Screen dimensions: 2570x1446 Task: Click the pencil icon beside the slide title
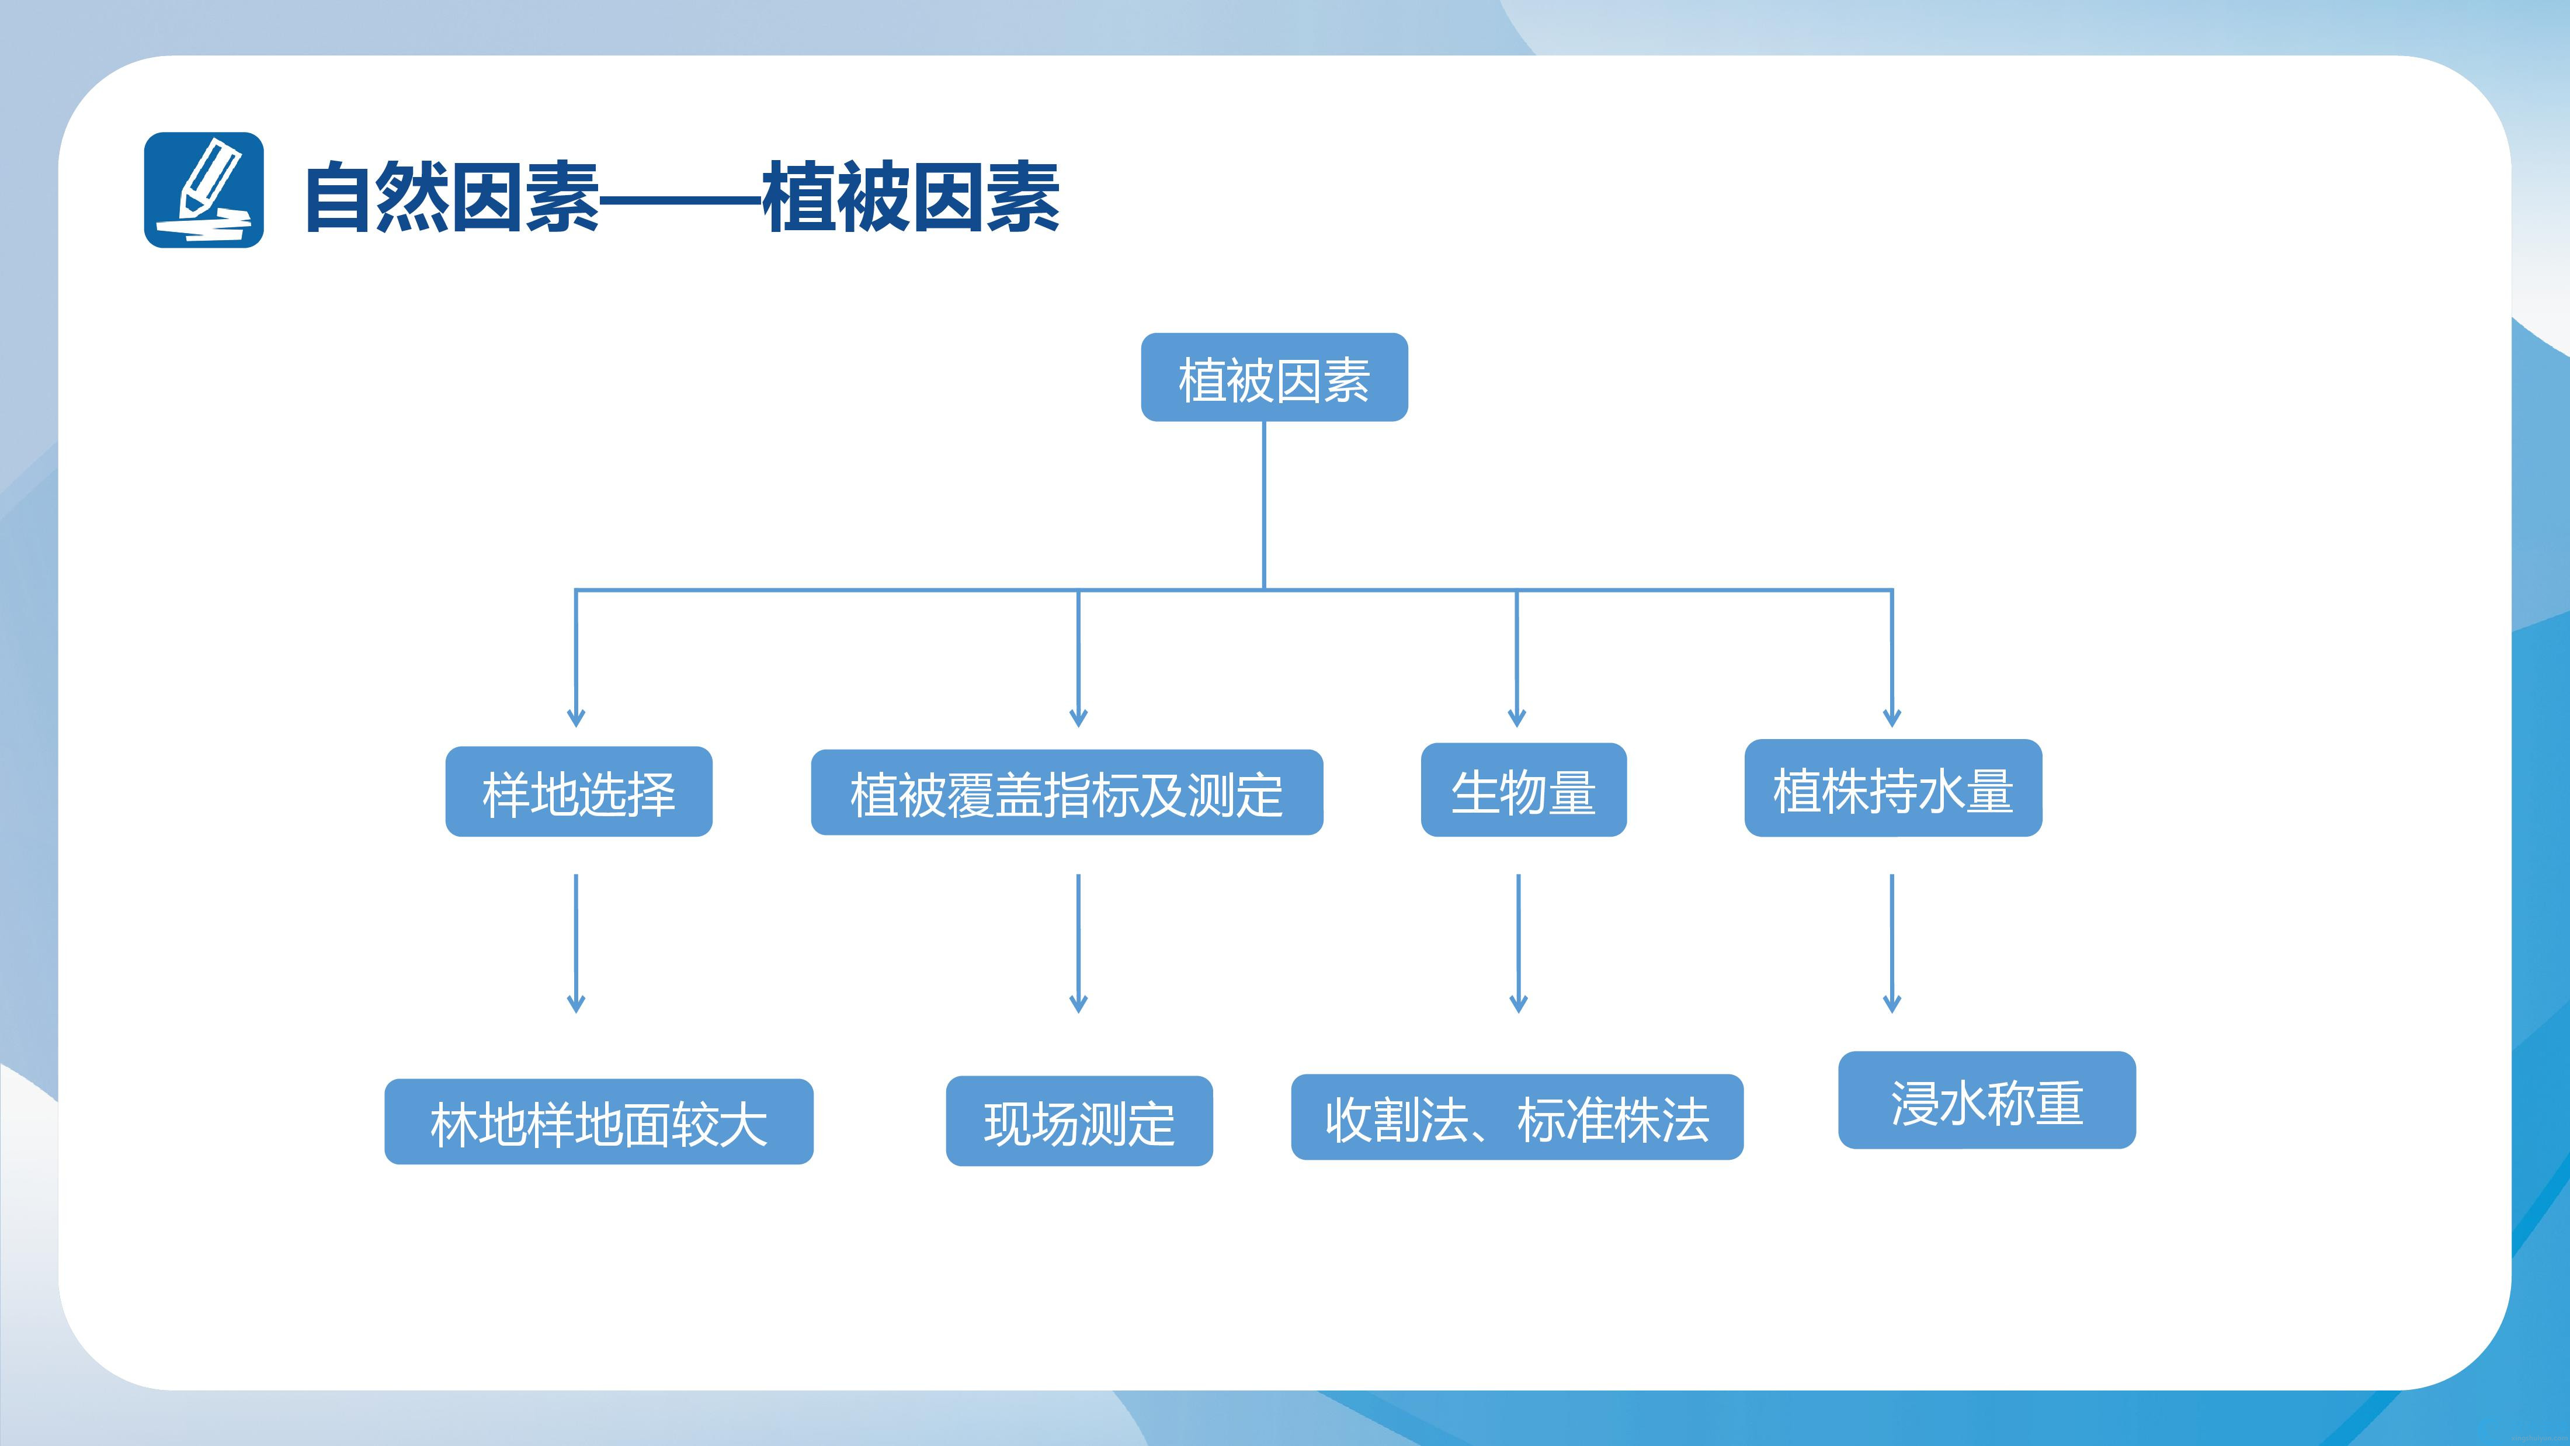(x=203, y=190)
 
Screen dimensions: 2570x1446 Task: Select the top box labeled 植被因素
(x=1274, y=377)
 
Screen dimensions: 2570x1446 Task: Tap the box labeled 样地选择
(x=579, y=792)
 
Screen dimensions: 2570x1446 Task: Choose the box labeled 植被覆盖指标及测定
(x=1067, y=792)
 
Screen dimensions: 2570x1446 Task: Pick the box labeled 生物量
(x=1523, y=789)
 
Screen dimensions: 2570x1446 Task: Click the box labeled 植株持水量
(x=1892, y=788)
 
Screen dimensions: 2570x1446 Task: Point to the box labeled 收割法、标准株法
(x=1516, y=1116)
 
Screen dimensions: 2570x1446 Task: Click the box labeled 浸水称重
(x=1986, y=1100)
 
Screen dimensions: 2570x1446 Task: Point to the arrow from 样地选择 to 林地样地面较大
(x=576, y=943)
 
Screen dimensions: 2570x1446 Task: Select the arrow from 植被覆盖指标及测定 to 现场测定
(x=1078, y=943)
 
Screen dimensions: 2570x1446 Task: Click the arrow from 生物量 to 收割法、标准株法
(x=1519, y=943)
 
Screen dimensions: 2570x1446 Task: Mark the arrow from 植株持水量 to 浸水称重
(x=1892, y=943)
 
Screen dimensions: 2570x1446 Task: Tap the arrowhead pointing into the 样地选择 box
(x=576, y=716)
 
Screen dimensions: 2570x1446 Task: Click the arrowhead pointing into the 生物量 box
(x=1516, y=716)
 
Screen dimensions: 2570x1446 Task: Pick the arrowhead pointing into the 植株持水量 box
(x=1892, y=716)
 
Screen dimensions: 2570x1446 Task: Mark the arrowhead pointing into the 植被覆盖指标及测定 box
(x=1078, y=716)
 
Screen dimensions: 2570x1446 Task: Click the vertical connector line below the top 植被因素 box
(x=1264, y=505)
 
